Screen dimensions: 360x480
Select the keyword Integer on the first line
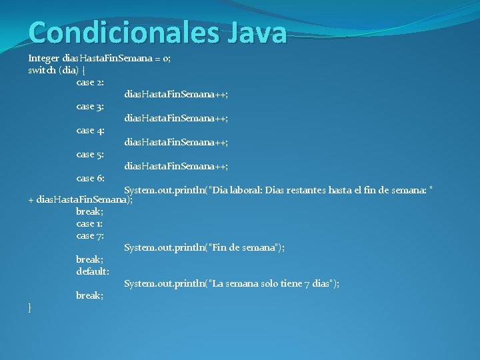(x=43, y=58)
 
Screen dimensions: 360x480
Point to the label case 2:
(x=90, y=82)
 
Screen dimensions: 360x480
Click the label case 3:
(x=90, y=106)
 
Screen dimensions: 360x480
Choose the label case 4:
(x=90, y=130)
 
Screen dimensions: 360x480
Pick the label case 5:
(x=90, y=154)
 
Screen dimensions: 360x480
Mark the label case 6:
(x=90, y=178)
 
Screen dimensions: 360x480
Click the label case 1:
(x=89, y=223)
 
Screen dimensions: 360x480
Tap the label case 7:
(x=90, y=235)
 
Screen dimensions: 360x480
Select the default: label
(x=93, y=271)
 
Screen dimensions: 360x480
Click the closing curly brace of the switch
(x=30, y=307)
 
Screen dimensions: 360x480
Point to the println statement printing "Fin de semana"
(x=204, y=247)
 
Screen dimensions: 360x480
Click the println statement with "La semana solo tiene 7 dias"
(x=231, y=283)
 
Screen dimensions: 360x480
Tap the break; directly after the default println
(x=89, y=295)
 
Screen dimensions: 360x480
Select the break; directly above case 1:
(x=89, y=211)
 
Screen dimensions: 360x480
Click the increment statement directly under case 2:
(x=176, y=95)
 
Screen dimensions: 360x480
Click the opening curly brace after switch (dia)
(x=83, y=70)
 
